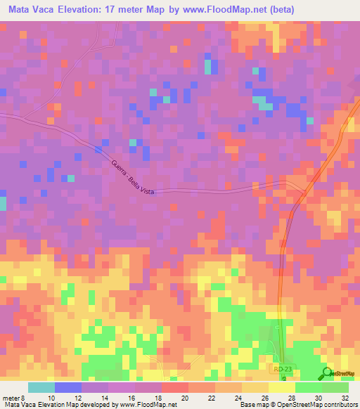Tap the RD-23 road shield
[x=281, y=368]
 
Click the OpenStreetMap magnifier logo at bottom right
[x=328, y=372]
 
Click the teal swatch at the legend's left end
[x=41, y=387]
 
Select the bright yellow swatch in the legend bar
[x=282, y=387]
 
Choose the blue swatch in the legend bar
[x=68, y=387]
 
